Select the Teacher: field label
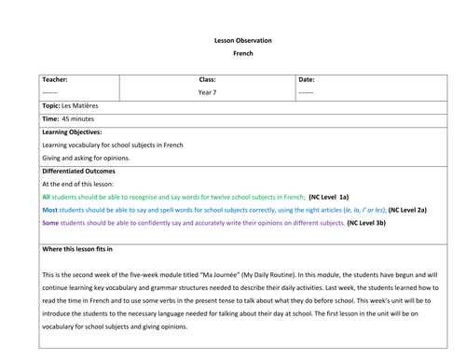pyautogui.click(x=56, y=80)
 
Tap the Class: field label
pyautogui.click(x=207, y=80)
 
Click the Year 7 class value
pyautogui.click(x=207, y=94)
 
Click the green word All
pyautogui.click(x=47, y=198)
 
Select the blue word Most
pyautogui.click(x=50, y=211)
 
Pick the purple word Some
pyautogui.click(x=51, y=224)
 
